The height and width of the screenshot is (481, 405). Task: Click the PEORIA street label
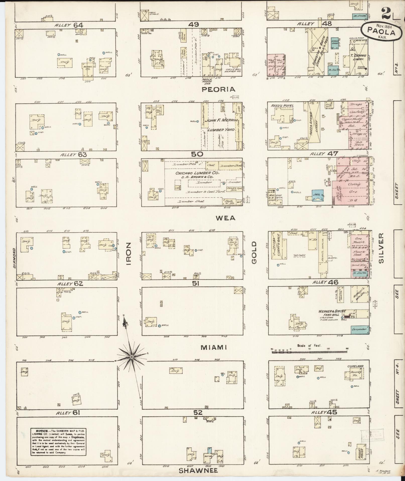tap(219, 89)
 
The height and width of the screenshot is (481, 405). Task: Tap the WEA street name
tap(226, 218)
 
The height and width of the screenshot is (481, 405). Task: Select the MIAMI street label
tap(214, 347)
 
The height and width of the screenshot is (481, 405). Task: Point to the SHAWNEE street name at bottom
tap(198, 471)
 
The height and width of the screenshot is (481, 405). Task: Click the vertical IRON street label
tap(129, 254)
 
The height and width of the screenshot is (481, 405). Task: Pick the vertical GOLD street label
tap(254, 253)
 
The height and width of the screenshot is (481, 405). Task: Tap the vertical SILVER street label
tap(381, 248)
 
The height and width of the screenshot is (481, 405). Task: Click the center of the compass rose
tap(132, 357)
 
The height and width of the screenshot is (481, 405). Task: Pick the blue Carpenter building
tap(360, 329)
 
